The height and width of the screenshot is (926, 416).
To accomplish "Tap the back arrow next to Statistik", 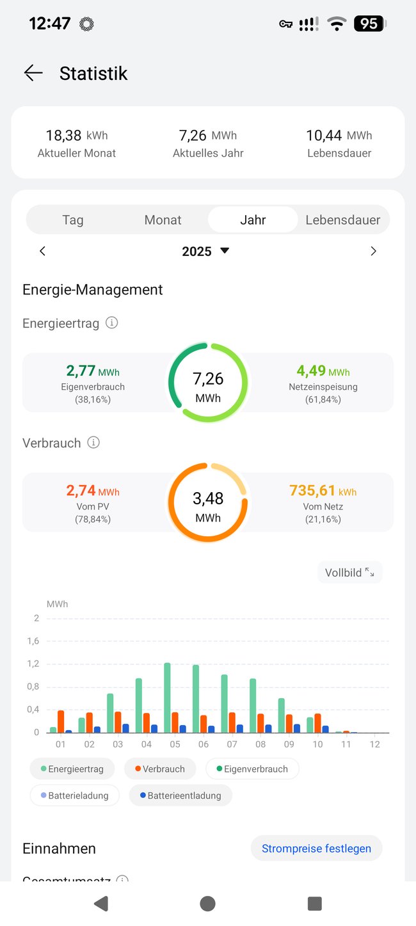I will (33, 73).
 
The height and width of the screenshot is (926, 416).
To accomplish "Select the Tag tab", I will (73, 220).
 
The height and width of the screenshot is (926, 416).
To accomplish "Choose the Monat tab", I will (163, 220).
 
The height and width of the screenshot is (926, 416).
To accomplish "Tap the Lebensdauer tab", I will (343, 220).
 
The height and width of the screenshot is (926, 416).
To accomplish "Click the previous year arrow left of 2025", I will (43, 251).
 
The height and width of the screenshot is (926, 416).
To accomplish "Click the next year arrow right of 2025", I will (374, 251).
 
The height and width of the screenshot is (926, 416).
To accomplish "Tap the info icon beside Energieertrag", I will (111, 323).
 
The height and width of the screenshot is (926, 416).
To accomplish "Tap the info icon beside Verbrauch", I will (93, 442).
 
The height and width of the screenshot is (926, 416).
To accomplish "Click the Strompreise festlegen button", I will (316, 848).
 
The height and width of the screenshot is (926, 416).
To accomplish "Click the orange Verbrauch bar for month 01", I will (61, 721).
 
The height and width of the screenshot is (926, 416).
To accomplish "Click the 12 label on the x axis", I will (375, 744).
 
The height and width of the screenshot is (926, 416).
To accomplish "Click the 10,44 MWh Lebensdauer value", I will (339, 135).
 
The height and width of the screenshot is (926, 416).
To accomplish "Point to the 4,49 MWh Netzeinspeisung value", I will (323, 371).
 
